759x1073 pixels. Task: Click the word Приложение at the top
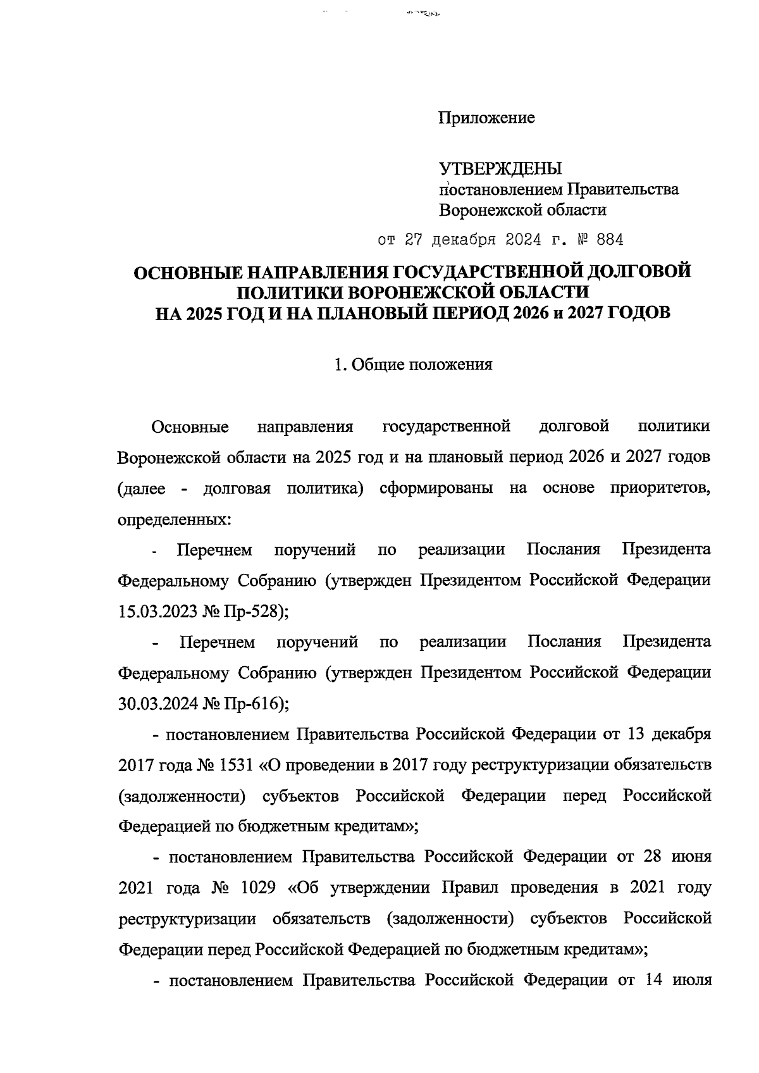click(487, 118)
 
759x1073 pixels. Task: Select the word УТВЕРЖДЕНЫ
click(500, 168)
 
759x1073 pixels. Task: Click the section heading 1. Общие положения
click(412, 365)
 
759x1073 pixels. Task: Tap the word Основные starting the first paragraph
click(190, 427)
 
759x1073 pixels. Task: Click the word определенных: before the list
click(175, 520)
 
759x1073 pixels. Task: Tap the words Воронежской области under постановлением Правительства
click(522, 209)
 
